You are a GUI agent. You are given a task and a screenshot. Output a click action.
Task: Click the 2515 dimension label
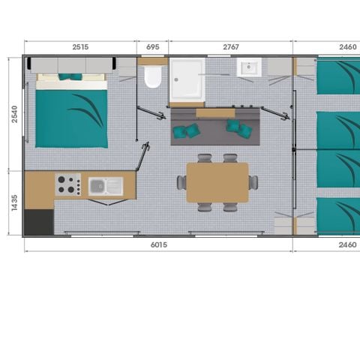click(80, 47)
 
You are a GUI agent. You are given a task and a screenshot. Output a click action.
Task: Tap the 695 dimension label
click(152, 47)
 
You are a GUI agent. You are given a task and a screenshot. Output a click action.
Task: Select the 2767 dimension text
click(231, 47)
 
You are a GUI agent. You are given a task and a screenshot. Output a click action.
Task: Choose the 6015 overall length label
click(157, 244)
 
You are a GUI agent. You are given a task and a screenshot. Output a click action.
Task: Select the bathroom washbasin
click(249, 69)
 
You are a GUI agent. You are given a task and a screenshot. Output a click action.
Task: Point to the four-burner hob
click(67, 184)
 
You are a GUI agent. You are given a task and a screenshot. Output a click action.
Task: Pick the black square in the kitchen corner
click(39, 222)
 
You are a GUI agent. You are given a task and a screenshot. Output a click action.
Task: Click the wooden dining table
click(217, 182)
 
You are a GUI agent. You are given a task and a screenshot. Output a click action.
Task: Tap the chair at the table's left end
click(181, 182)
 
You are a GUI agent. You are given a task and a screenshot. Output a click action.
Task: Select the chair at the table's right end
click(254, 182)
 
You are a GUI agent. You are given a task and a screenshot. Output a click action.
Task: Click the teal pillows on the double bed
click(71, 76)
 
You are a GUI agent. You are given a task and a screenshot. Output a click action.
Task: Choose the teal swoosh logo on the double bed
click(86, 112)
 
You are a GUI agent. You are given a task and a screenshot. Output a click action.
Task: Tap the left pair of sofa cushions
click(186, 131)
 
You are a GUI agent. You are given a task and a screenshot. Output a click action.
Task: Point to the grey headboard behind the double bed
click(71, 65)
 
